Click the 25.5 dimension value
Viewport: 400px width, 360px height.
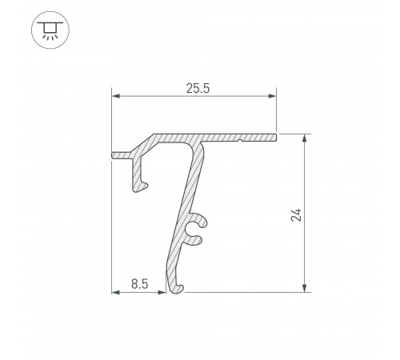[198, 89]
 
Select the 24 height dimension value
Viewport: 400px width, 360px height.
[296, 215]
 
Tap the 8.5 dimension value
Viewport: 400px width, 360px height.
[139, 284]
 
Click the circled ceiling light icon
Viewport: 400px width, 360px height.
[50, 30]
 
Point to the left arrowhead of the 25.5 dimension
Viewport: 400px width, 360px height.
[116, 96]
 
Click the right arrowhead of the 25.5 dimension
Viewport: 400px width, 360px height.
[272, 96]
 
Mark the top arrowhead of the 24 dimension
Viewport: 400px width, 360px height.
[305, 138]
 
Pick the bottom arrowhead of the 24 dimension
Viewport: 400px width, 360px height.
[305, 288]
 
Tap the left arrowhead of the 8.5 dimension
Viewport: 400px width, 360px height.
[116, 292]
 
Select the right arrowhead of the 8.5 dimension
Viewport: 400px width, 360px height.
[162, 292]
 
